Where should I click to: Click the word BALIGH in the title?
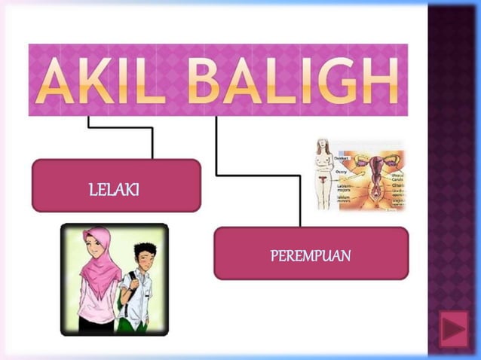point(294,81)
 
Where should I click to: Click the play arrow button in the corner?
point(453,330)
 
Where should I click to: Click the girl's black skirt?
point(94,325)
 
